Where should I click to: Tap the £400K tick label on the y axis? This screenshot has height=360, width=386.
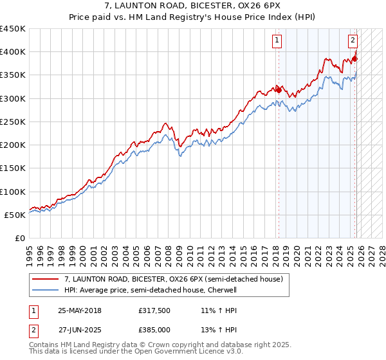point(13,52)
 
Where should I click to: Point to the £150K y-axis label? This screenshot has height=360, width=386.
point(13,168)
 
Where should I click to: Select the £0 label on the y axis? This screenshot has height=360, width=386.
point(19,239)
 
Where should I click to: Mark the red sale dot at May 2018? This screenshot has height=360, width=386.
point(279,91)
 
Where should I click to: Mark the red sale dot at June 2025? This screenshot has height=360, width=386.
point(354,59)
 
